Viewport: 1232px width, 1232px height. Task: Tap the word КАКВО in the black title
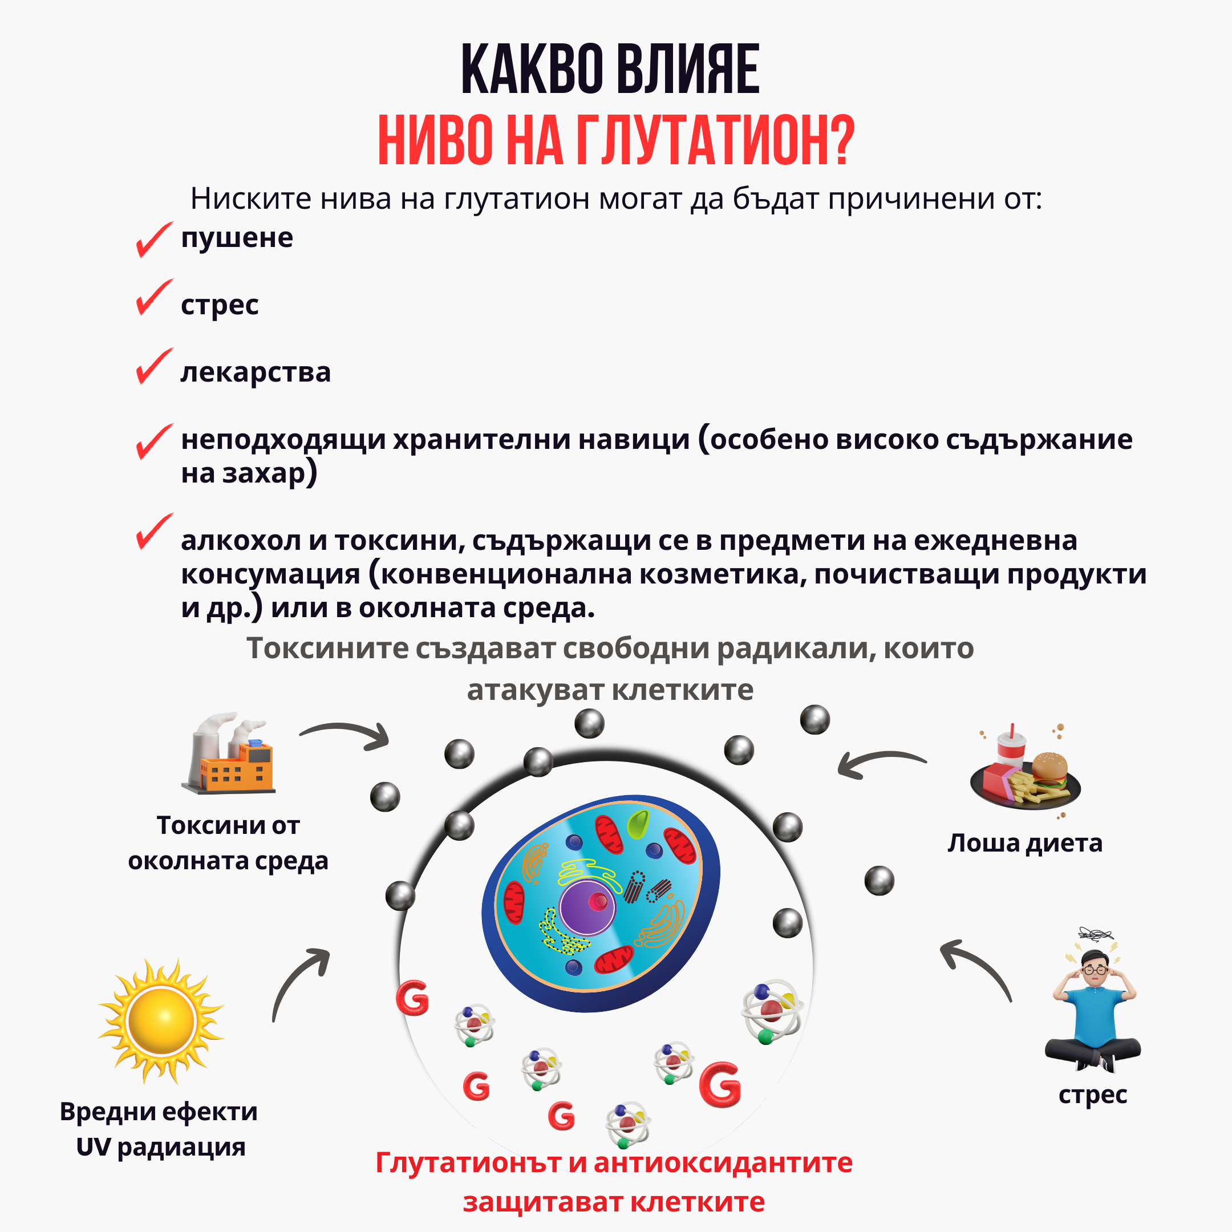coord(533,70)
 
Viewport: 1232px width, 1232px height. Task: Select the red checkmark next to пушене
coord(153,239)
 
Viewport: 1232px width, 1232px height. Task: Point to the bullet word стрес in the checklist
coord(220,305)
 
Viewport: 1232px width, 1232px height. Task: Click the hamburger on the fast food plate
coord(1049,769)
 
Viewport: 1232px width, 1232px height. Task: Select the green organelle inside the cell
coord(637,825)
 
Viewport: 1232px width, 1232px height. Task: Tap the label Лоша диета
coord(1024,843)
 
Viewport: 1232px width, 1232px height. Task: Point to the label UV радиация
coord(160,1146)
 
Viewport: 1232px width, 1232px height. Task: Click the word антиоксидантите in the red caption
coord(723,1162)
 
